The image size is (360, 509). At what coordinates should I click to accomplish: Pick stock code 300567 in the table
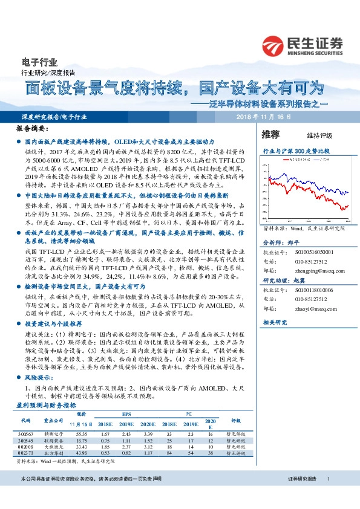point(25,433)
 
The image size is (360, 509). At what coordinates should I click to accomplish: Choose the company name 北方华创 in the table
point(53,452)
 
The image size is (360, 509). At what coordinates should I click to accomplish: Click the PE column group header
point(188,415)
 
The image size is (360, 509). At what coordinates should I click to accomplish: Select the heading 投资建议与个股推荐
point(52,325)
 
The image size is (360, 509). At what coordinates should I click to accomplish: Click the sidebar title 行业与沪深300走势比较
point(295,149)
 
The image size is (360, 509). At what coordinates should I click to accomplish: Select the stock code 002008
point(25,446)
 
